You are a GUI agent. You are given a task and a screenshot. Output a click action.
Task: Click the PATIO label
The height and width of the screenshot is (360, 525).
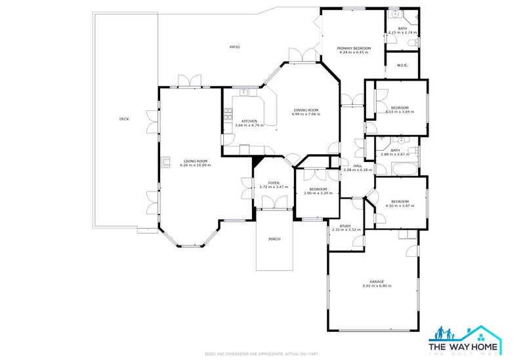[234, 47]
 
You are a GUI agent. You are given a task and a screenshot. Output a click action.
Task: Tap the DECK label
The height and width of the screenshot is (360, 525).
[124, 119]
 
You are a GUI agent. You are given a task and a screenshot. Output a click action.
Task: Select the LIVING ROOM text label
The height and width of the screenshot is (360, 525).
[195, 161]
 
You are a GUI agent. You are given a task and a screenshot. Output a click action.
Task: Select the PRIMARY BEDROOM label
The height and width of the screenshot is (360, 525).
[354, 48]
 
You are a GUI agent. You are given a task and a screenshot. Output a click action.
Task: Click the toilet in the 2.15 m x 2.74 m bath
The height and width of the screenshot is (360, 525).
[411, 43]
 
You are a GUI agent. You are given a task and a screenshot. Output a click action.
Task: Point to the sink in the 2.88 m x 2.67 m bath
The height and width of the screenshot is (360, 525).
[400, 140]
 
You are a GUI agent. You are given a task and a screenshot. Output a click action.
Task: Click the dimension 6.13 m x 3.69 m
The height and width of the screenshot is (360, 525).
[400, 112]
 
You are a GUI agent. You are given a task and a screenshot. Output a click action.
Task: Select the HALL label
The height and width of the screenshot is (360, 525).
[358, 166]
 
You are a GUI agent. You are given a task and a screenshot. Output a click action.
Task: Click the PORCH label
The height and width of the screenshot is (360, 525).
[274, 239]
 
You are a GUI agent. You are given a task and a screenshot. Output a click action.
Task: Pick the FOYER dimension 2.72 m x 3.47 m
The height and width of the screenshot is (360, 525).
[274, 188]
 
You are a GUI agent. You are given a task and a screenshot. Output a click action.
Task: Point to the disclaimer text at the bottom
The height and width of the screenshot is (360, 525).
[262, 353]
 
